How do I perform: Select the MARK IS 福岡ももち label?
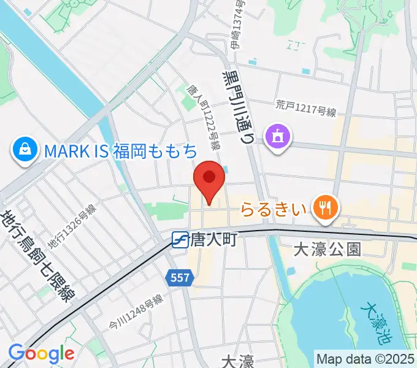coord(120,150)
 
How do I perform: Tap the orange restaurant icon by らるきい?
coord(324,209)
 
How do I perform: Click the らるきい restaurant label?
coord(273,210)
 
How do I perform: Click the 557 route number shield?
coord(180,278)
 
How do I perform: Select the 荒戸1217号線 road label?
coord(307,109)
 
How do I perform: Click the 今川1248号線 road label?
coord(136,312)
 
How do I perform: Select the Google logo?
coord(41,354)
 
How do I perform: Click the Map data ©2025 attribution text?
coord(366,359)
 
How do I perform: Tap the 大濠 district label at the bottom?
coord(237,361)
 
